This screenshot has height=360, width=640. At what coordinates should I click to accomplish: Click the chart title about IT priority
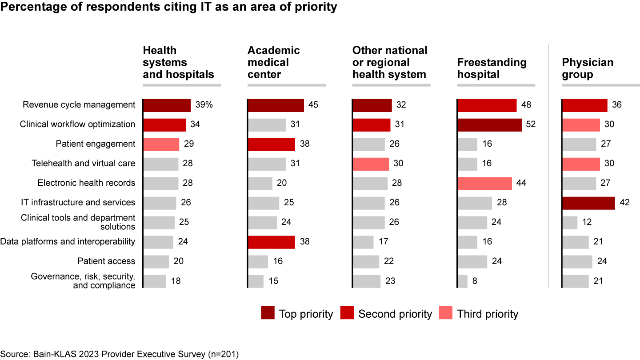(x=168, y=8)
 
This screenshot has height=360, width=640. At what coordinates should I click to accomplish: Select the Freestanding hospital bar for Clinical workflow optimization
(x=489, y=124)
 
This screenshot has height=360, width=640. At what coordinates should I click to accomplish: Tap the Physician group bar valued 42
(x=588, y=203)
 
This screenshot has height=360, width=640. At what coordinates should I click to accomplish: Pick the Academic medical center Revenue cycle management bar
(x=276, y=105)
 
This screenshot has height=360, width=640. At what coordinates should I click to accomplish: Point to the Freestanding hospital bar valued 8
(x=463, y=281)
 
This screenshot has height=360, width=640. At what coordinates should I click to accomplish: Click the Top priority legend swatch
(x=268, y=313)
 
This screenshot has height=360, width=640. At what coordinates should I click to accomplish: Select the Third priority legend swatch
(x=446, y=313)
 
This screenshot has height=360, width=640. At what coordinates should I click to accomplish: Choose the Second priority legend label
(x=395, y=314)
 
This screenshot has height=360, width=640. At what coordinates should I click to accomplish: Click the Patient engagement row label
(x=95, y=144)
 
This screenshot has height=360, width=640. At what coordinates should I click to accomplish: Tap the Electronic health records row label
(x=86, y=183)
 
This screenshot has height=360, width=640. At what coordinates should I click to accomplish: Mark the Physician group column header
(x=588, y=68)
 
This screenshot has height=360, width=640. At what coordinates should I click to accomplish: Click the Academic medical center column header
(x=273, y=62)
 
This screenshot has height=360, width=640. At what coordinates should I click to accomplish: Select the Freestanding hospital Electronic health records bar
(x=485, y=183)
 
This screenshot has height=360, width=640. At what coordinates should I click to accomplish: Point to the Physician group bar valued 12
(x=570, y=222)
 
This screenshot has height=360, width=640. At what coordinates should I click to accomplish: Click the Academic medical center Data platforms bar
(x=271, y=242)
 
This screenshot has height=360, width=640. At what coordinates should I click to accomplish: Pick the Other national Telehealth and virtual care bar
(x=371, y=164)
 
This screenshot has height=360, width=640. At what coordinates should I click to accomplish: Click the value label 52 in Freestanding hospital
(x=531, y=124)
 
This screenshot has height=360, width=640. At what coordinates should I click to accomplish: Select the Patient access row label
(x=106, y=261)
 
